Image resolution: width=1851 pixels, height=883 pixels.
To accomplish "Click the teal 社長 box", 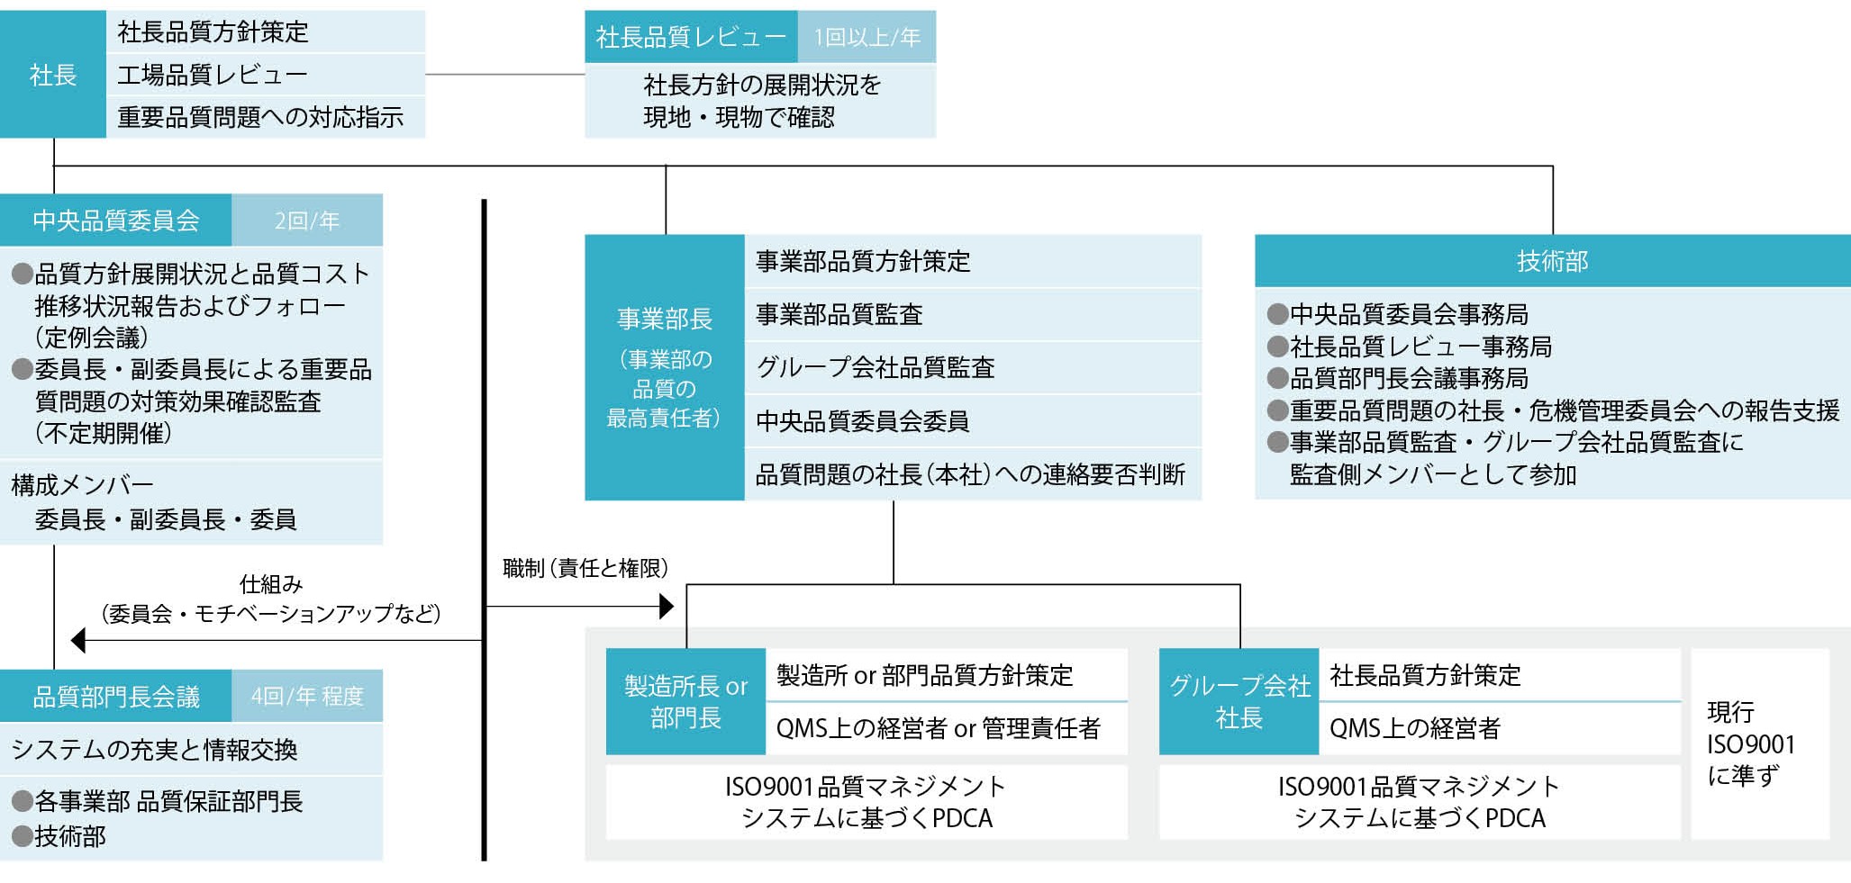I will point(53,74).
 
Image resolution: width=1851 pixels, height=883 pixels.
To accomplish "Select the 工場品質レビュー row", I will point(265,74).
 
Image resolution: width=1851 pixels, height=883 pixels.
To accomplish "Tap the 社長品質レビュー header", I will point(691,37).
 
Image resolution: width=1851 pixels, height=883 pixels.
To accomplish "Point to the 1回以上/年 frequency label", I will point(867,37).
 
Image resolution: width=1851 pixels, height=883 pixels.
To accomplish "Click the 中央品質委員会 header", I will point(116,221).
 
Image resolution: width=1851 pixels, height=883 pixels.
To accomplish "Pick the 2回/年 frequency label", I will point(307,221).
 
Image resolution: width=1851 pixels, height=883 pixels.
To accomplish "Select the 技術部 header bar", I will point(1552,261).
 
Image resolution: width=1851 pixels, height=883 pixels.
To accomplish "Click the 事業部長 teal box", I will point(665,367).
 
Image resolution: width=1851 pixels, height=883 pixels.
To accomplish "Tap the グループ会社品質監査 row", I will point(973,367).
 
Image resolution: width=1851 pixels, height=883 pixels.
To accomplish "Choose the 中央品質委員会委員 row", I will point(973,420).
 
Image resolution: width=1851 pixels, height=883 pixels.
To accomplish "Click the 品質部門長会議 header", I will point(116,696).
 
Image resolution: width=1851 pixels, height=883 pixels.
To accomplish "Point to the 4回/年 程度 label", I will point(307,696).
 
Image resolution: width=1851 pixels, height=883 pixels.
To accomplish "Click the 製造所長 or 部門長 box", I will point(685,701).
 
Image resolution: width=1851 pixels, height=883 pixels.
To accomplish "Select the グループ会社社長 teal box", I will point(1239,701).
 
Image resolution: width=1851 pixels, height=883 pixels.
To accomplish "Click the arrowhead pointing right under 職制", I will point(667,607).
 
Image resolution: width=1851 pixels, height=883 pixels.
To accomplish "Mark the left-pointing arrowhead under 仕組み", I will point(78,640).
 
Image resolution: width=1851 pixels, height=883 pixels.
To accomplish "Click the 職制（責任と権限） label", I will point(585,568).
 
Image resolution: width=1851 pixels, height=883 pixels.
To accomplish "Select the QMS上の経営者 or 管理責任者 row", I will point(946,728).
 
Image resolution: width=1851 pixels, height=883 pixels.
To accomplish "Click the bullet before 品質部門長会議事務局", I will point(1277,378).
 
